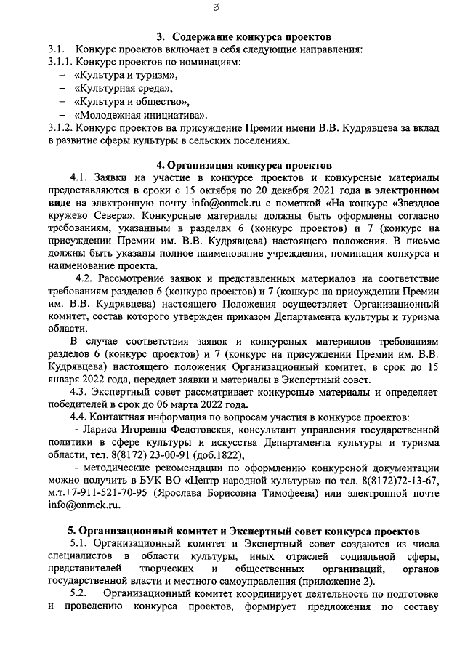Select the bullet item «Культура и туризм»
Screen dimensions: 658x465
click(x=126, y=75)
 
